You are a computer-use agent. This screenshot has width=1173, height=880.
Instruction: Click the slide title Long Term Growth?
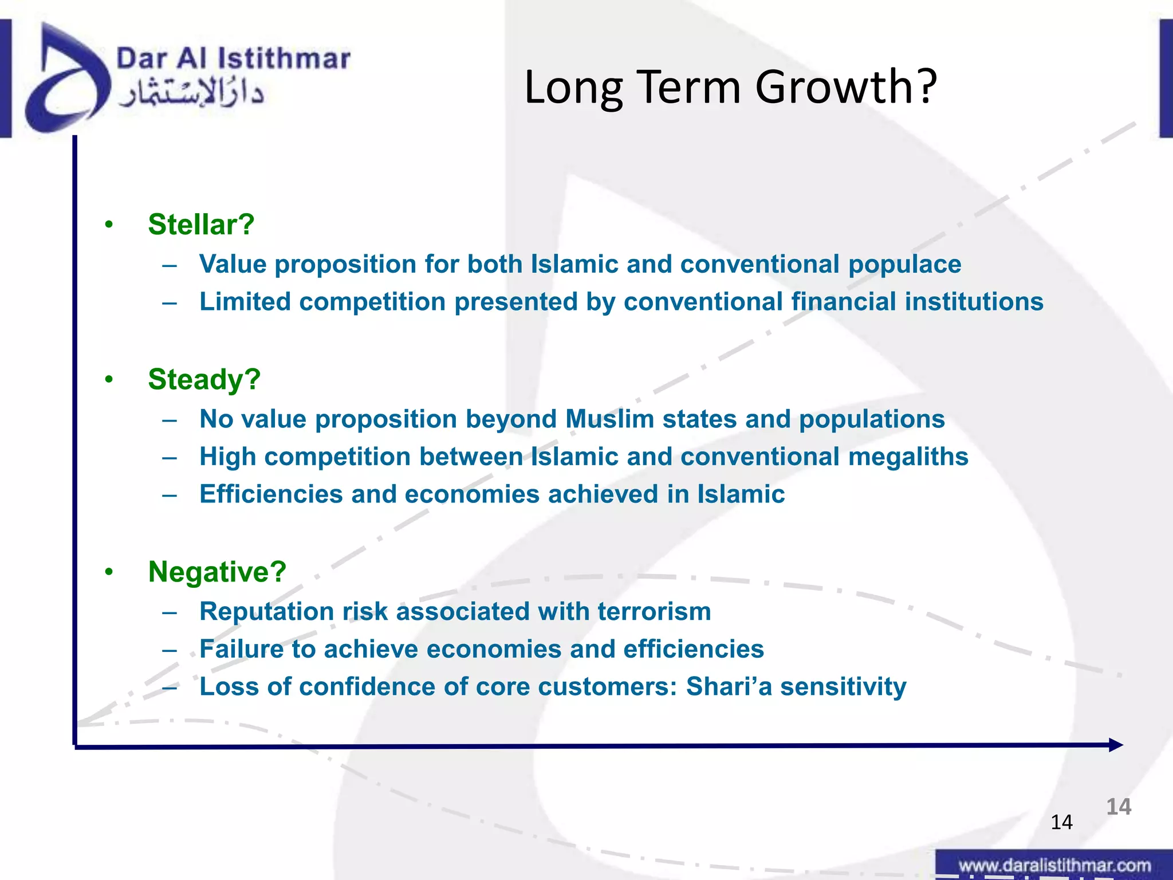tap(730, 87)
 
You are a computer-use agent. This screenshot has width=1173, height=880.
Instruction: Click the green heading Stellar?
tap(201, 225)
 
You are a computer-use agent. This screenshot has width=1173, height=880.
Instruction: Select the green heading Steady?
tap(204, 379)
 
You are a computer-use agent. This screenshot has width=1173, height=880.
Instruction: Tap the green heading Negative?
tap(217, 572)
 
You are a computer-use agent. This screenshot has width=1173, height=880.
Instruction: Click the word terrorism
tap(654, 611)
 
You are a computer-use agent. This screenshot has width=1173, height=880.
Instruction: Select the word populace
tap(904, 265)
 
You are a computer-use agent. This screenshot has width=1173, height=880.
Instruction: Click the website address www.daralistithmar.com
tap(1054, 865)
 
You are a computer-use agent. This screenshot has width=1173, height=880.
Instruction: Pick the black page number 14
tap(1061, 822)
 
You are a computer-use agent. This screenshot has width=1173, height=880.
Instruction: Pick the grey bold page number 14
tap(1118, 807)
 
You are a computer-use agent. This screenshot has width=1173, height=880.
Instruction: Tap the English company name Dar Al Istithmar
tap(233, 58)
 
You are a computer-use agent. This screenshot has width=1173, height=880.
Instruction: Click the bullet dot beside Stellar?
tap(109, 225)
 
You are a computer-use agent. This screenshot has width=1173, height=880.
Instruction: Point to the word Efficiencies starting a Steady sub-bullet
tap(271, 494)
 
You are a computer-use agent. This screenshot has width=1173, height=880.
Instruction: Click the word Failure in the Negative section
tap(241, 649)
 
